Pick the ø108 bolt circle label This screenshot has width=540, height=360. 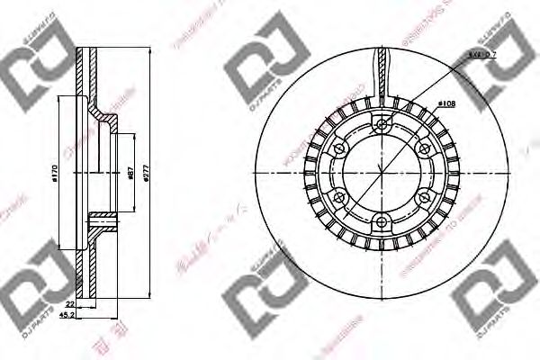click(444, 104)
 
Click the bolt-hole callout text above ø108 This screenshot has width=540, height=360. click(480, 56)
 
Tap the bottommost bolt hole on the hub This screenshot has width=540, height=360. click(382, 221)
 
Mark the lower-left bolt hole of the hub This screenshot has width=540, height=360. click(340, 197)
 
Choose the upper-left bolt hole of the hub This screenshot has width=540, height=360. click(340, 149)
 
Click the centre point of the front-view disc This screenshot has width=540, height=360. click(382, 173)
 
